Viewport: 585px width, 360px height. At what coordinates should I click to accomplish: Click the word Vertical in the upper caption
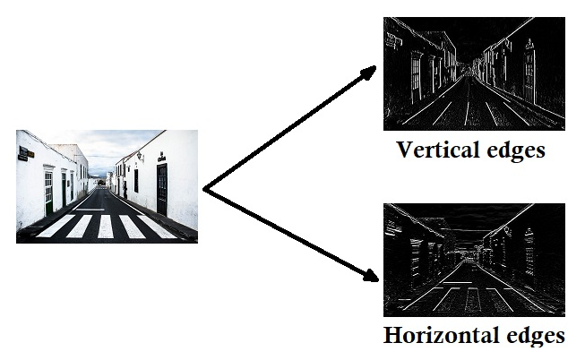(436, 150)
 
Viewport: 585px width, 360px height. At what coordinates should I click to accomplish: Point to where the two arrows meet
(205, 189)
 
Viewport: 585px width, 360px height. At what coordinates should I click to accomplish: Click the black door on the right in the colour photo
(162, 188)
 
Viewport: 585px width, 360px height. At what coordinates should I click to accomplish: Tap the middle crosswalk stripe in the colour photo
(107, 226)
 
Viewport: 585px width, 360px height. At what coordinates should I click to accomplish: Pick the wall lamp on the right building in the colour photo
(139, 157)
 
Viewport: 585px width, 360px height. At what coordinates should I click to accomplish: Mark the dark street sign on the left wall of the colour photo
(25, 153)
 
